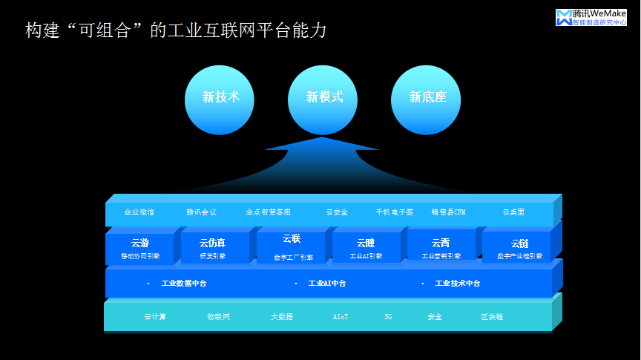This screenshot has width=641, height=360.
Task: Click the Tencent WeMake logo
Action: pos(591,17)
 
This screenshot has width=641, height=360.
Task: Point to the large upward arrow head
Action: pos(322,148)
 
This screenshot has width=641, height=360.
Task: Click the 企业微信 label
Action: pos(139,212)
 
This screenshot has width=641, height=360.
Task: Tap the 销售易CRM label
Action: pos(448,212)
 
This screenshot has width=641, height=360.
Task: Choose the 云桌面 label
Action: pos(513,212)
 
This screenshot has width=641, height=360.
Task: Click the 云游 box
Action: pos(140,248)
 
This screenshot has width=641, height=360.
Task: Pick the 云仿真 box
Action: pos(213,248)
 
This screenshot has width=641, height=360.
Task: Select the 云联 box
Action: pos(292,246)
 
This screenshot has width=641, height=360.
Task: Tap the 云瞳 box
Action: pos(366,248)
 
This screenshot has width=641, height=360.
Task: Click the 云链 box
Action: pos(519,248)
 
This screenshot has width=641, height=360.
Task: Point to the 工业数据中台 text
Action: pos(184,284)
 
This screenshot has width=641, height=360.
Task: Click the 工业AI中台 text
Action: pos(326,284)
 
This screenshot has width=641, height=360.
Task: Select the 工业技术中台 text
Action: pos(457,284)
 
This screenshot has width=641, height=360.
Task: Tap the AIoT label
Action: pos(341,317)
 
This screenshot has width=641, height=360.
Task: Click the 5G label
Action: pos(388,317)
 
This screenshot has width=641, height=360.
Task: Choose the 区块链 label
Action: pos(491,317)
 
